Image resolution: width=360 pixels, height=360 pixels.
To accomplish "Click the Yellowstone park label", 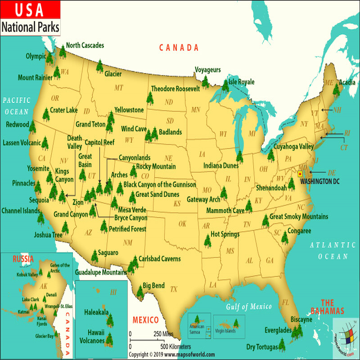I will click(129, 110).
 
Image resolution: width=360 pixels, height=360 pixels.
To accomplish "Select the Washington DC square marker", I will click(300, 174).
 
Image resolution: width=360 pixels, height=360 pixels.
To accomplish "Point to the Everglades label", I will click(278, 330).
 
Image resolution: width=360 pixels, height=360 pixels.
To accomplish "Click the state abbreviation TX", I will click(174, 289).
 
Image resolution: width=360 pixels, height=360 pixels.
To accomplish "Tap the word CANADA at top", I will click(179, 48).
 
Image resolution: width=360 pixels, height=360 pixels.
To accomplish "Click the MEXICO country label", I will click(145, 320).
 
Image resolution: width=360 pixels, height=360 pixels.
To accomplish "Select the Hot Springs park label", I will click(225, 234).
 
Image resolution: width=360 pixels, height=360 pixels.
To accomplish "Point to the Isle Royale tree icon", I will click(225, 85).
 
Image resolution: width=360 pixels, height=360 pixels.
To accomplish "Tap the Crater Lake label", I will click(63, 110).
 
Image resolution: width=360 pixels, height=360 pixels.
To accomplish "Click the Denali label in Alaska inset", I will click(51, 294).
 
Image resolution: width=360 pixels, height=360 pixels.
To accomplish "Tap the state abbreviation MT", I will click(118, 87).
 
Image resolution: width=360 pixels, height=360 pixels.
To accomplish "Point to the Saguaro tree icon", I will click(94, 256).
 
